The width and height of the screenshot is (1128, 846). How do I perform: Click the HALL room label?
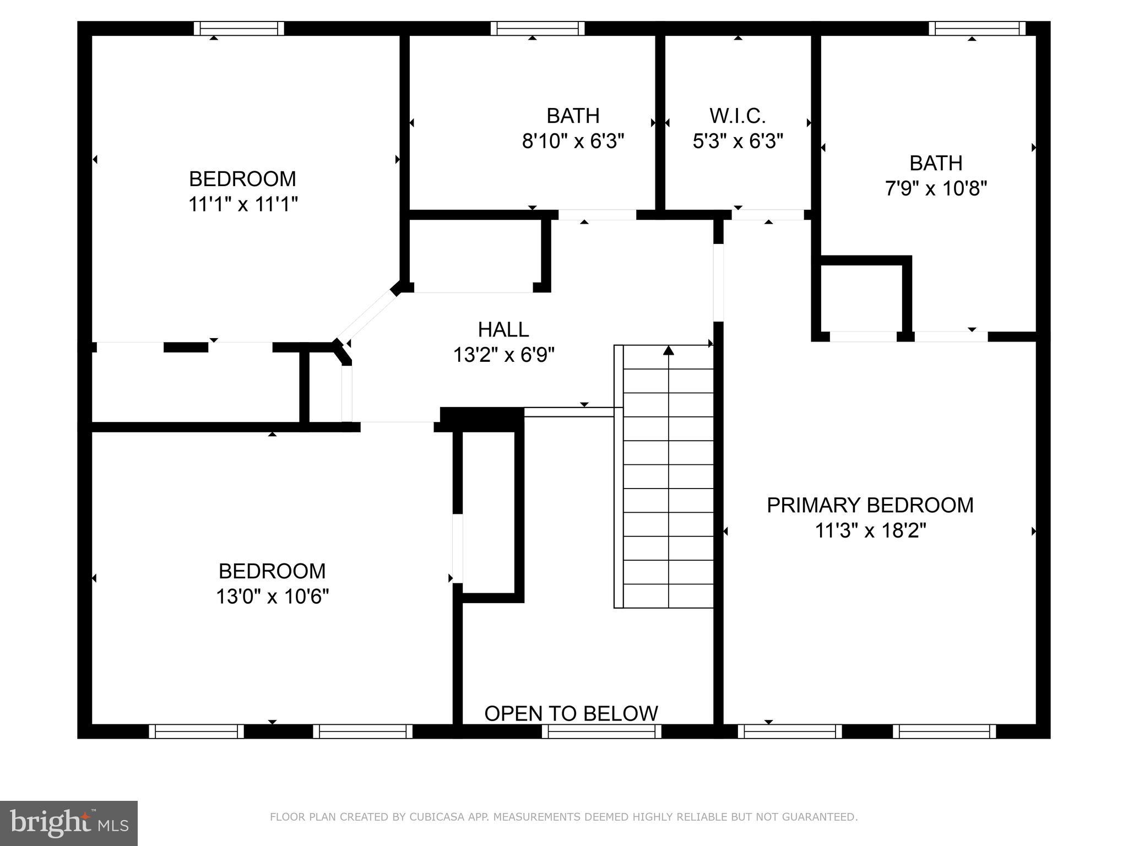(x=503, y=329)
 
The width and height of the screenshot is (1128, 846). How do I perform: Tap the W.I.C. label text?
(x=737, y=116)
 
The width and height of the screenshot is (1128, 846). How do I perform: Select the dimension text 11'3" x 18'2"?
(x=870, y=531)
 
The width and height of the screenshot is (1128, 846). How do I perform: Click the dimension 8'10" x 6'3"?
(x=573, y=142)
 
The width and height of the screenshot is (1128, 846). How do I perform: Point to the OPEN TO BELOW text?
(x=571, y=713)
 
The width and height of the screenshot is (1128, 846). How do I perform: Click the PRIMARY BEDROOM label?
(x=870, y=505)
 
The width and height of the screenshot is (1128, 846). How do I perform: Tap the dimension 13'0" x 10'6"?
(x=272, y=596)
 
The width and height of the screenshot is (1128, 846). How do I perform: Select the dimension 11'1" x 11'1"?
(x=243, y=204)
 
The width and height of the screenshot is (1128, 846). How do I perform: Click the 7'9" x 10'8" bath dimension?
(x=936, y=189)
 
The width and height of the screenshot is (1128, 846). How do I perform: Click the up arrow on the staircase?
(x=669, y=350)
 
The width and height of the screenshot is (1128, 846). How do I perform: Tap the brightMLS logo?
(x=69, y=823)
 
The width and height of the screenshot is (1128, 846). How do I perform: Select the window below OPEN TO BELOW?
(x=601, y=731)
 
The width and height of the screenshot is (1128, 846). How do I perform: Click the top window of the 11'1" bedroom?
(x=238, y=28)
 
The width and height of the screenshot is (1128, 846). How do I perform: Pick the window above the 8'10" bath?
(x=538, y=28)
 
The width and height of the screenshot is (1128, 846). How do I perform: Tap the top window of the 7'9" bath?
(x=977, y=28)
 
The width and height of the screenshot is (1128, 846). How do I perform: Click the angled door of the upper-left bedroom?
(x=367, y=316)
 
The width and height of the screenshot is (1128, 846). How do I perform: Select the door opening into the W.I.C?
(x=768, y=215)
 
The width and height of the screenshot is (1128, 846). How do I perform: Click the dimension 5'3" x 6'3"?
(x=737, y=142)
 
